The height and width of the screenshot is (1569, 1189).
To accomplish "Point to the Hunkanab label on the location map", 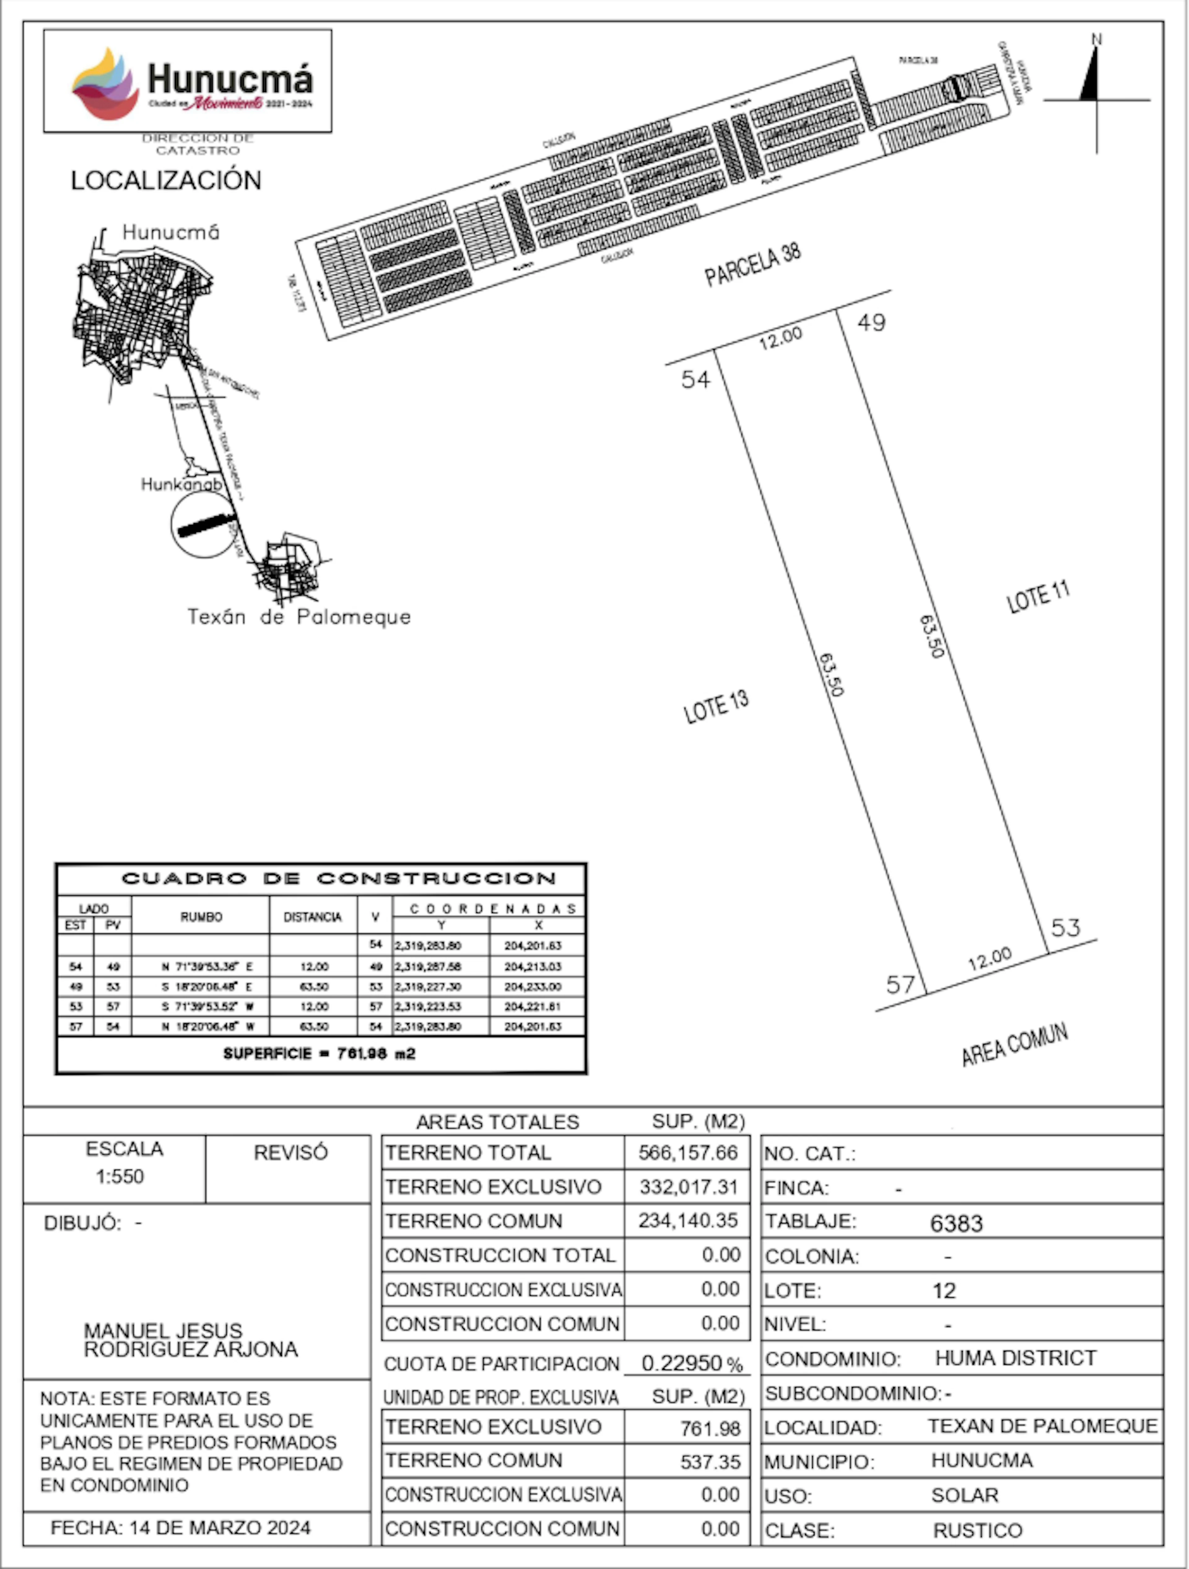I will (181, 485).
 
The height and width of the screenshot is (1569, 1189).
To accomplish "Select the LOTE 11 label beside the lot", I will (1038, 597).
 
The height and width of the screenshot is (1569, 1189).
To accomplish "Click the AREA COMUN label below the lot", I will (1015, 1045).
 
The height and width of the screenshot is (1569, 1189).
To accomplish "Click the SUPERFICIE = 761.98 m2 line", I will (319, 1053).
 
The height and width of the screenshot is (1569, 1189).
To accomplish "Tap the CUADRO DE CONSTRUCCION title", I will (339, 879).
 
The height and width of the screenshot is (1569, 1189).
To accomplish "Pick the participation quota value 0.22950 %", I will (691, 1363).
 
